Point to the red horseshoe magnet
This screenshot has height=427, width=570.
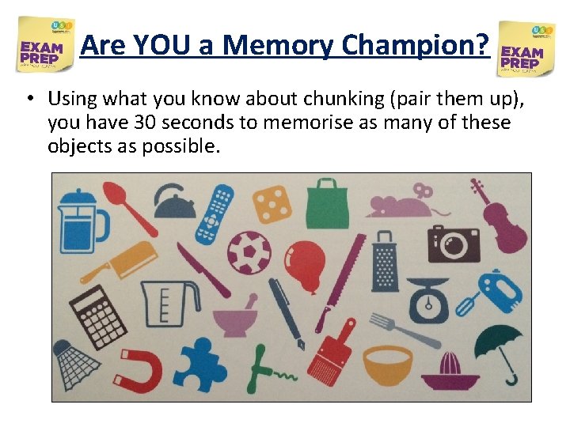142,368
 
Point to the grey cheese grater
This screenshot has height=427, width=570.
385,260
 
